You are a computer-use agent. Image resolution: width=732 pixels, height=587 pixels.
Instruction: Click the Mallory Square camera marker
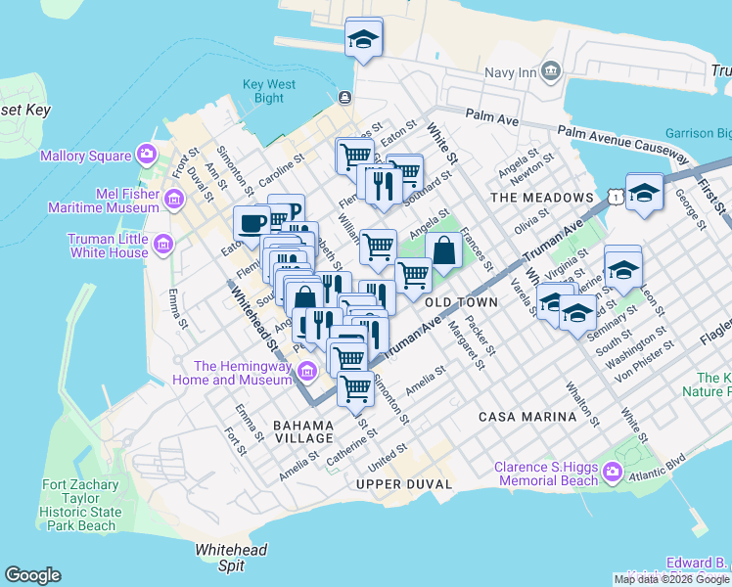point(147,155)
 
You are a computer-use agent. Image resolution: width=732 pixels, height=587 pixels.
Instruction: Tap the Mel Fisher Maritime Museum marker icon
point(174,200)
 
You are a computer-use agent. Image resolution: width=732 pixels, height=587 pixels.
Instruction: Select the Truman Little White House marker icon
point(163,244)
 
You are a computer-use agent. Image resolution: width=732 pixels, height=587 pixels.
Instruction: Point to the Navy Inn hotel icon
point(550,71)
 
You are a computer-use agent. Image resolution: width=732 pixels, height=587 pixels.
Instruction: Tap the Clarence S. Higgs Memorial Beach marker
point(613,474)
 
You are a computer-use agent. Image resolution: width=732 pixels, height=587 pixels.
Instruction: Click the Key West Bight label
point(269,91)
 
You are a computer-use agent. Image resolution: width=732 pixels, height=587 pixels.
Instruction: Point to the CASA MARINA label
point(527,417)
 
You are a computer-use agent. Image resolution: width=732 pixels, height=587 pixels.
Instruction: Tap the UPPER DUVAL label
point(404,484)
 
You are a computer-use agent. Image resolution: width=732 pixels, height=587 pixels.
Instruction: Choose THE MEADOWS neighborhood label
point(542,198)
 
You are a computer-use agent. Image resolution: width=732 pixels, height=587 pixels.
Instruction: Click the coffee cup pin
point(252,222)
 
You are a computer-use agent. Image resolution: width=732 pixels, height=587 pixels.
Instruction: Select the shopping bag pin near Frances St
point(444,249)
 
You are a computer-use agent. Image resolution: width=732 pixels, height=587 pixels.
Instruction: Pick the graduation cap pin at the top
point(364,38)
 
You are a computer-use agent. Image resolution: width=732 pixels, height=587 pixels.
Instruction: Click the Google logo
point(32,575)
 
